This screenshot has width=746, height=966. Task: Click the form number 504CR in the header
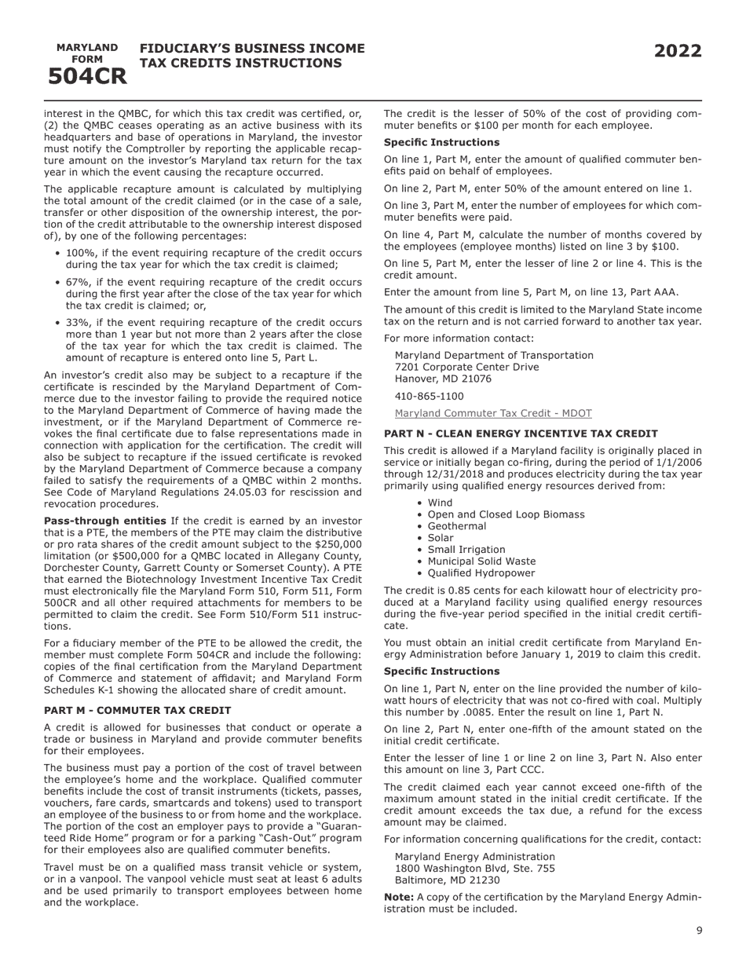[87, 76]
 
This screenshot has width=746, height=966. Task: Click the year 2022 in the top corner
[678, 52]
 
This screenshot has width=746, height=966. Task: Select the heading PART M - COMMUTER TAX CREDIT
[137, 710]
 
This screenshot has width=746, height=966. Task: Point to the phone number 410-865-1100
[429, 397]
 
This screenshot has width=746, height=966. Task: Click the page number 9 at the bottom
[699, 931]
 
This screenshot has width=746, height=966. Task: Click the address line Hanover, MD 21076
[443, 379]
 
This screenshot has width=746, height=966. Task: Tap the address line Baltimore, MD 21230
[447, 880]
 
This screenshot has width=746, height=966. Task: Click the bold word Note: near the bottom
[398, 897]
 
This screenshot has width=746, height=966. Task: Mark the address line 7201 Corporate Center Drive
[466, 367]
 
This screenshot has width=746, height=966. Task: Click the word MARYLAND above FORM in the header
[87, 48]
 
